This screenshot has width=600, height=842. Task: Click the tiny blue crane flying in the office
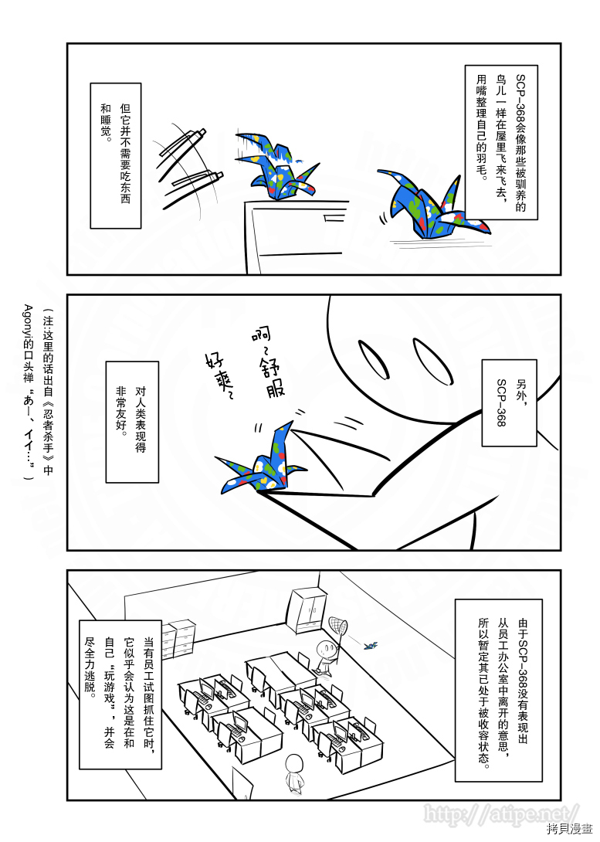pos(371,645)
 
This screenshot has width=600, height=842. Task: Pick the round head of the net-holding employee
pos(324,649)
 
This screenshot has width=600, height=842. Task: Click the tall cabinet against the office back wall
pos(309,609)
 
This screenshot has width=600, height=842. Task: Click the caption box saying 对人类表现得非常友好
pos(132,422)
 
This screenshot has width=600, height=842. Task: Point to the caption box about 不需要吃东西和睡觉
pos(115,156)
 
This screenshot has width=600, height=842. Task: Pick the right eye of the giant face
pos(433,361)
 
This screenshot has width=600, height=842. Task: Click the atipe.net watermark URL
pos(502,813)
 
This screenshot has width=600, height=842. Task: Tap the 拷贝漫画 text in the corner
pos(571,830)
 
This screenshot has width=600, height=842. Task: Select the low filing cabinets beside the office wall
pos(178,639)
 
